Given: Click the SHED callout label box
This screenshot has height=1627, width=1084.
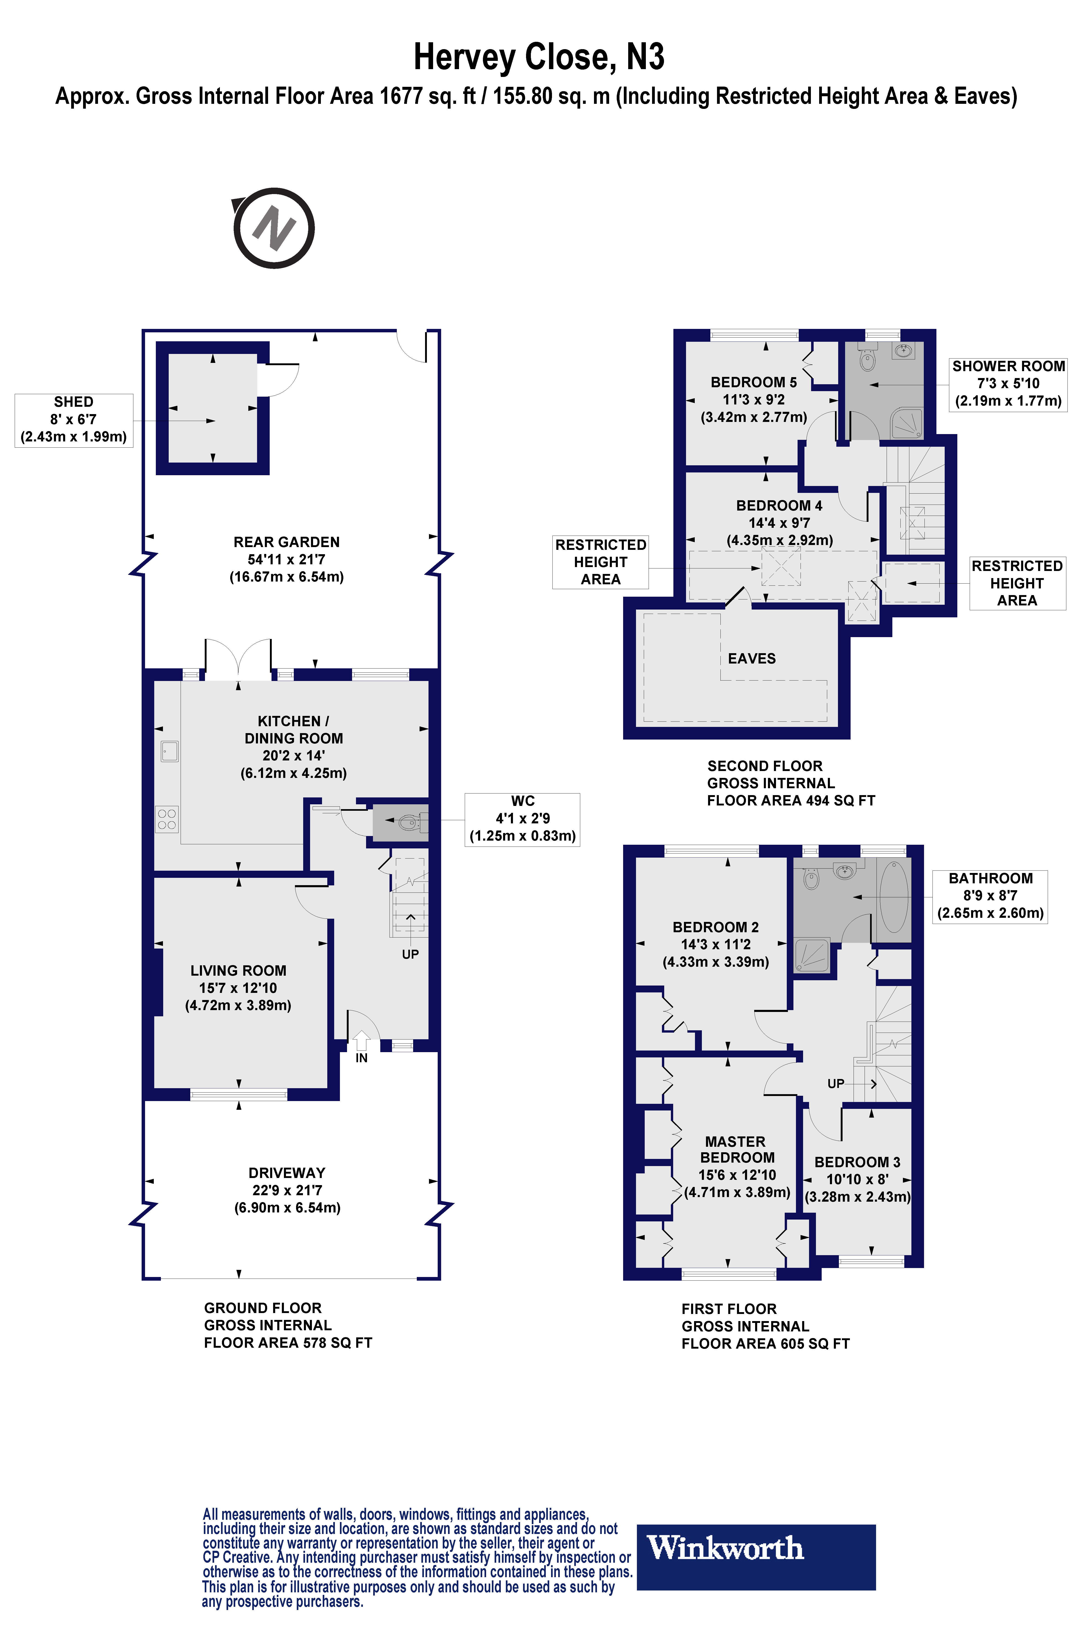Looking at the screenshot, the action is coord(74,420).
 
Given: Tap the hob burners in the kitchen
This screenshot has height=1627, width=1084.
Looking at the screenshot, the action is coord(167,819).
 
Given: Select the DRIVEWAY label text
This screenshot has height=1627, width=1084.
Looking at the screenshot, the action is coord(287,1172).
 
